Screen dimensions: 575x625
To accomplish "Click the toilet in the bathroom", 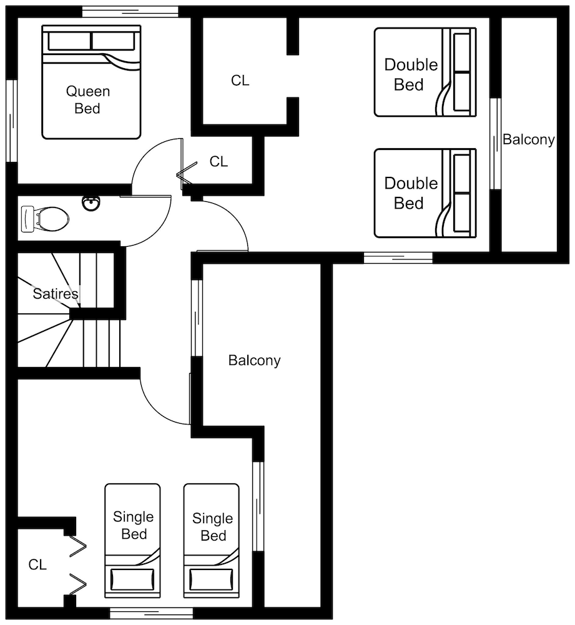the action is click(x=44, y=219).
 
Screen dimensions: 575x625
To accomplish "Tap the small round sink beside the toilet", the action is click(x=91, y=203).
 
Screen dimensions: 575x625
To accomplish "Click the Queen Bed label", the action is click(x=87, y=99).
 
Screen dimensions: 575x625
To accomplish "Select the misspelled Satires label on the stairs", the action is click(x=56, y=294).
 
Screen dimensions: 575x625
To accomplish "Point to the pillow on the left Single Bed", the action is click(x=132, y=579).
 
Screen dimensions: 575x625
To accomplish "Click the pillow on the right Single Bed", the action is click(x=212, y=579).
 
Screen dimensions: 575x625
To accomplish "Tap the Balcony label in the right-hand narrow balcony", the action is click(x=528, y=140).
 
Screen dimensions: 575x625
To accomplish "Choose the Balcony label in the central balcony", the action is click(x=255, y=361).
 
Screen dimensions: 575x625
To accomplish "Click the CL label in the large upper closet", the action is click(x=240, y=81).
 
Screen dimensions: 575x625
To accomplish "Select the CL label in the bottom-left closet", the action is click(x=37, y=564).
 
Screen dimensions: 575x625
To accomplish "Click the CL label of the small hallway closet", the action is click(x=219, y=161).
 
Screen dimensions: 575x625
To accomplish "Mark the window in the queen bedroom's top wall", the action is click(x=130, y=12).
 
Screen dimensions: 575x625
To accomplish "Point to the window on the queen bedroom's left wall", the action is click(x=12, y=121).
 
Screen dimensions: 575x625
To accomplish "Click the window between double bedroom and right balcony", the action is click(x=495, y=144).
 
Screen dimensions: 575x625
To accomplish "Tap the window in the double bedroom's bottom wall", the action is click(x=398, y=258).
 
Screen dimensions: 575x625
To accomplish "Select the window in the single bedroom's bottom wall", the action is click(x=151, y=613).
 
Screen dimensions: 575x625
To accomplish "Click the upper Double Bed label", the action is click(x=411, y=74).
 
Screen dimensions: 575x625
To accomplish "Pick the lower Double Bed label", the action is click(x=411, y=193).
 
